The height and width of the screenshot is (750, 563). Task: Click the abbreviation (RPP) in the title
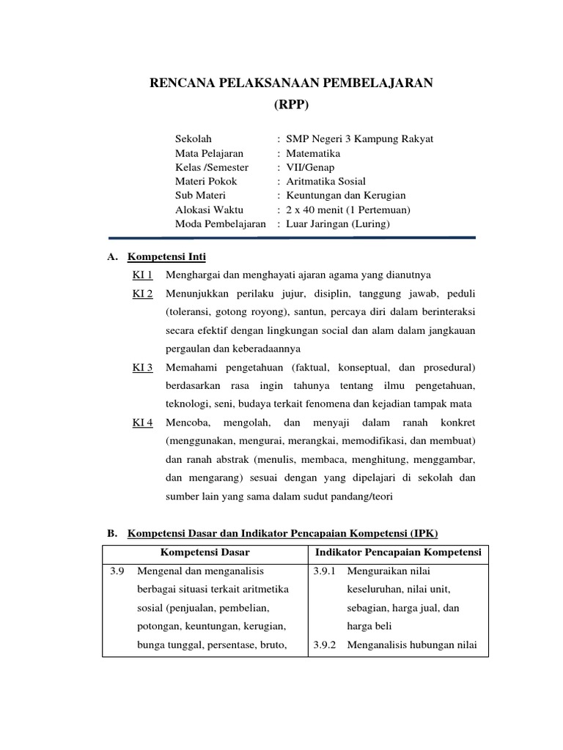292,105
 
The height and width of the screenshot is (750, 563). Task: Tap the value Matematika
313,153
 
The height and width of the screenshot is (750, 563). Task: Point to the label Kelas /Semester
212,167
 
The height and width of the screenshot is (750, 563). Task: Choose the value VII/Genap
309,167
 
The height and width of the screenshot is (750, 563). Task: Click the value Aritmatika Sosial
325,181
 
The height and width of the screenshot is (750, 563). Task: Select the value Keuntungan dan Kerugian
345,196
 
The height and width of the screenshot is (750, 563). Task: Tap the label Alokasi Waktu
208,209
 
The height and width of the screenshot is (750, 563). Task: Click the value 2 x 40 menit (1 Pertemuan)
348,209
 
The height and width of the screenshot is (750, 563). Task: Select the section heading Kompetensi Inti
167,257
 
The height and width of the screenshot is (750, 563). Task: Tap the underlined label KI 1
142,275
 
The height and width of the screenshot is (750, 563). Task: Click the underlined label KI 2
142,294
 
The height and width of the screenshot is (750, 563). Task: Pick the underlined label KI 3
142,366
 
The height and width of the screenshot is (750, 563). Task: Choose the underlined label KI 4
142,423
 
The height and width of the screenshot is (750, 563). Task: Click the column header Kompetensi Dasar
205,552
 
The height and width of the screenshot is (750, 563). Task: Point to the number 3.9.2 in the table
324,645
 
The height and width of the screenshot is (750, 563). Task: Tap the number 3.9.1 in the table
324,571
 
